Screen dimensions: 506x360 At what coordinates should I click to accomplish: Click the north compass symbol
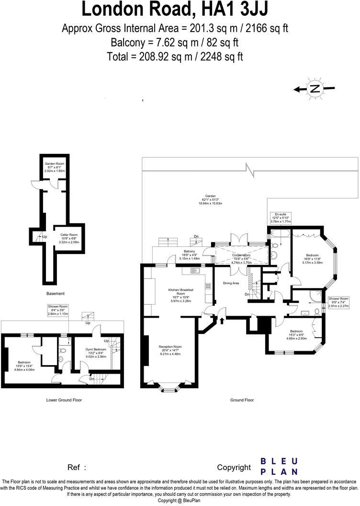pyautogui.click(x=315, y=89)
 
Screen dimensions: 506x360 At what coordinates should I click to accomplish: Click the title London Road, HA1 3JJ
pyautogui.click(x=175, y=10)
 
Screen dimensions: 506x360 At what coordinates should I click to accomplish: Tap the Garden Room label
pyautogui.click(x=55, y=166)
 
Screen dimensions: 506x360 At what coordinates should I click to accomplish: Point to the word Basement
pyautogui.click(x=56, y=293)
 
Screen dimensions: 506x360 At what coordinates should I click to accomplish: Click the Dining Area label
pyautogui.click(x=231, y=283)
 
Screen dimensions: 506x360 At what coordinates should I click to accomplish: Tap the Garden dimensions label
pyautogui.click(x=210, y=199)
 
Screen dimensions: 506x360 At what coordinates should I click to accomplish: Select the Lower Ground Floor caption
pyautogui.click(x=63, y=400)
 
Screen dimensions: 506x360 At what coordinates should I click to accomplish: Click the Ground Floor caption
pyautogui.click(x=242, y=400)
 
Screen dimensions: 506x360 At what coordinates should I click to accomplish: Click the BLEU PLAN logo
pyautogui.click(x=279, y=466)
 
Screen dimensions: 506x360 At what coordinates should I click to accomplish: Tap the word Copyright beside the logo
pyautogui.click(x=234, y=467)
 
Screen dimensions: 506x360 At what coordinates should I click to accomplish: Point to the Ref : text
pyautogui.click(x=77, y=467)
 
